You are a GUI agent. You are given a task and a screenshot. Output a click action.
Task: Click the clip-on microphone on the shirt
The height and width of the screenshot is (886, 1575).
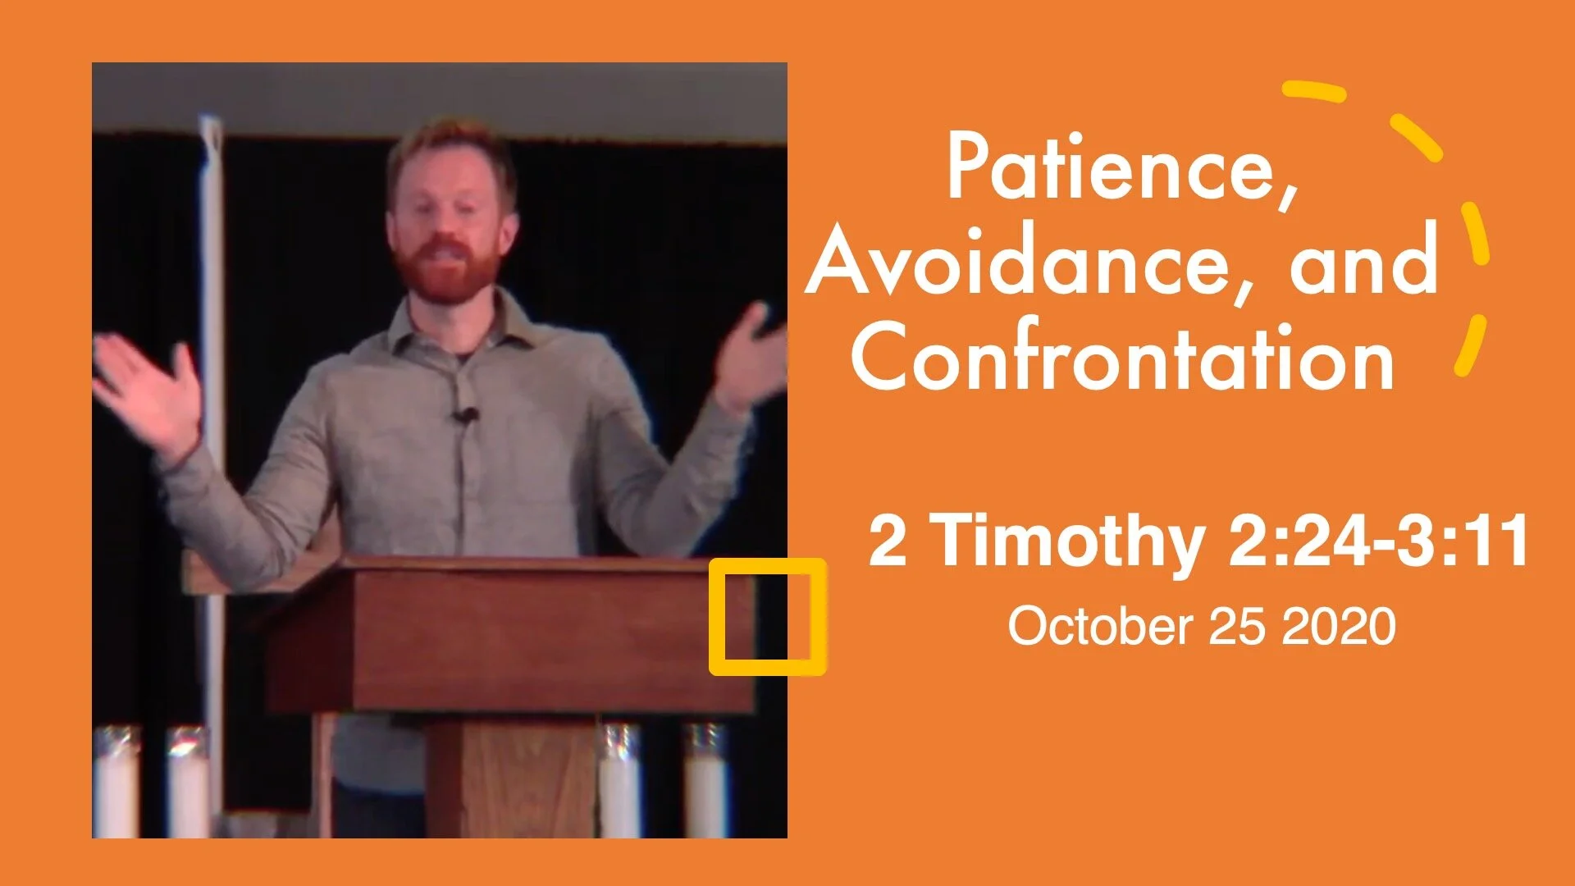tap(464, 417)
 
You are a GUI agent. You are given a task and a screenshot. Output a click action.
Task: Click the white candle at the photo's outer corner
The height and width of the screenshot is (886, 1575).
tap(115, 779)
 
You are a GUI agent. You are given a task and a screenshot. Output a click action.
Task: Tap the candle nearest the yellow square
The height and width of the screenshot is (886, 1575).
tap(705, 779)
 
